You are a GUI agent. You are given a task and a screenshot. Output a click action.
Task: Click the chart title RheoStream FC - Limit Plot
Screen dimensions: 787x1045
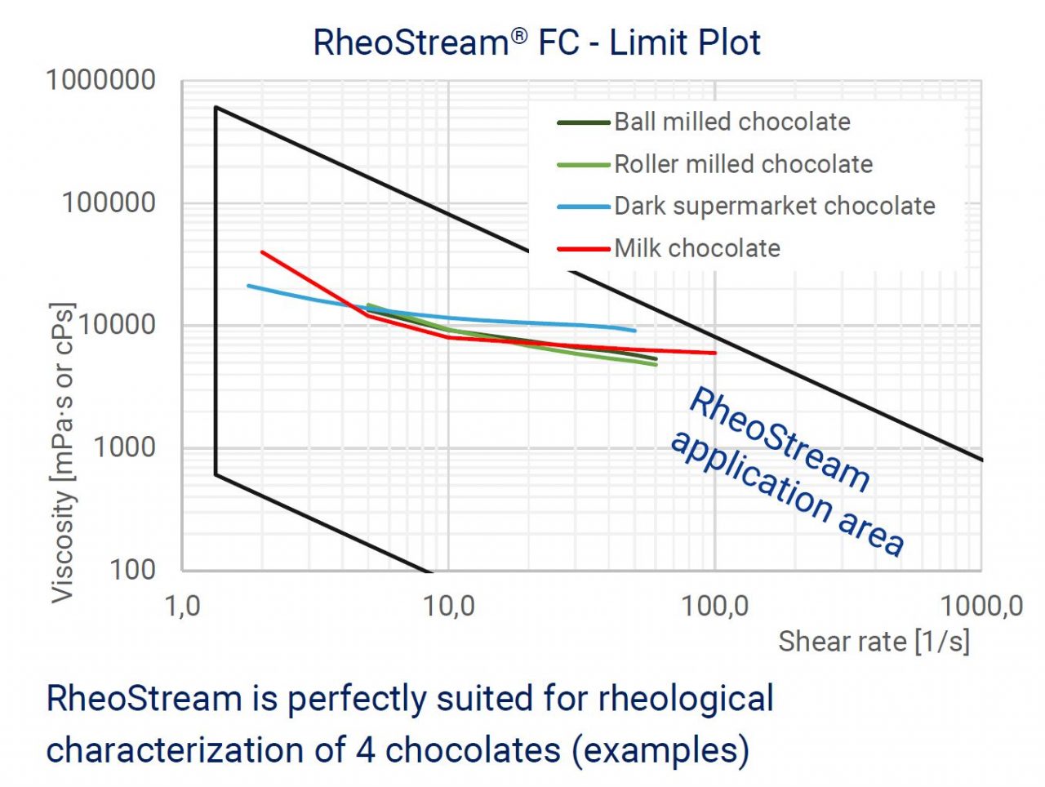536,42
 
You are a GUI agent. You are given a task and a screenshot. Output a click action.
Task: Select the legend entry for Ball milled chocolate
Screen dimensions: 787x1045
731,122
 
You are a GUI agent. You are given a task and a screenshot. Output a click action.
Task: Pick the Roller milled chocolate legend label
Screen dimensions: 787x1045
743,164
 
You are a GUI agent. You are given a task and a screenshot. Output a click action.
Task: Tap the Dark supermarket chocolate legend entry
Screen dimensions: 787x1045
774,206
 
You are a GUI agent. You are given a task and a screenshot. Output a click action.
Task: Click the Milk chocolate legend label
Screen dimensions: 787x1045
697,248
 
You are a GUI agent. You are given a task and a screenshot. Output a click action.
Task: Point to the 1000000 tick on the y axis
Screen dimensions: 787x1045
100,81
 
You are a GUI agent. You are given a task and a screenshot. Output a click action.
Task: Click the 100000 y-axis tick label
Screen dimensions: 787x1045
109,202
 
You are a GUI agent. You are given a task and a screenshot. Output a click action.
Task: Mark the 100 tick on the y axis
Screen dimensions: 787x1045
132,569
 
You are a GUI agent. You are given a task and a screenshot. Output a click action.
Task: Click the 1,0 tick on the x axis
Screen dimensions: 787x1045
183,607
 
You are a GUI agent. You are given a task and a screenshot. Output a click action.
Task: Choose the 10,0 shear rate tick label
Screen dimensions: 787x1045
448,607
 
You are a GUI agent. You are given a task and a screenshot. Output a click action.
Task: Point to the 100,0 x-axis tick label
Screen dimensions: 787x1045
715,607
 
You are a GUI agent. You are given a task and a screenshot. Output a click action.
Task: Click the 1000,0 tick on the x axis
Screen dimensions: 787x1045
981,607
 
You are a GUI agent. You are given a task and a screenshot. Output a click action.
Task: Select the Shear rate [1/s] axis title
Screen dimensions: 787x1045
874,642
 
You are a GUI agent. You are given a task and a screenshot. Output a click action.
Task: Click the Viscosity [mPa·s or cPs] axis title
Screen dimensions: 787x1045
63,453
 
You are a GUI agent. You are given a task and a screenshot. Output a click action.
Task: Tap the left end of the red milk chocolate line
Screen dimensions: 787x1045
262,252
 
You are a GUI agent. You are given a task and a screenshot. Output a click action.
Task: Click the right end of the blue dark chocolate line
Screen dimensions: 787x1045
634,331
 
